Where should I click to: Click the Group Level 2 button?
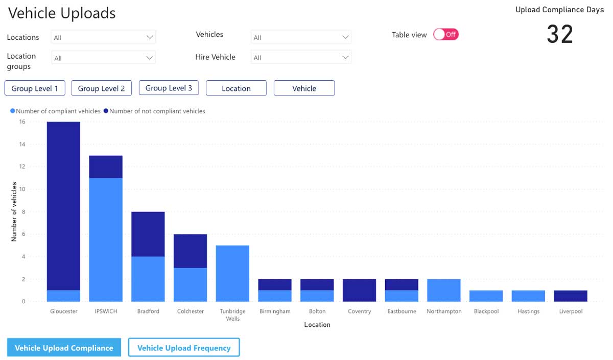(101, 88)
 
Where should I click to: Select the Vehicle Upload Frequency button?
(184, 348)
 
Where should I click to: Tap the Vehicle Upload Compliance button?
(64, 348)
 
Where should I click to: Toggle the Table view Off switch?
(446, 35)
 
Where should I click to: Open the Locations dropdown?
(103, 37)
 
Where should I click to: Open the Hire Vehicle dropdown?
(301, 57)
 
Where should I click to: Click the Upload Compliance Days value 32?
(560, 34)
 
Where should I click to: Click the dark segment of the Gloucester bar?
(63, 206)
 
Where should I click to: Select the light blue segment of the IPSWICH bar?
(106, 239)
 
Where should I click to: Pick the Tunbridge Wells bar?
(232, 273)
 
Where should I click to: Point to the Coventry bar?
(359, 290)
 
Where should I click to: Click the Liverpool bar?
(571, 296)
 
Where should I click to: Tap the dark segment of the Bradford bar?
(148, 234)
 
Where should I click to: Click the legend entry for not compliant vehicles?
(154, 111)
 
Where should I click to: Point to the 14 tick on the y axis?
(22, 144)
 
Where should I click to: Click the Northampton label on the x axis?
(444, 311)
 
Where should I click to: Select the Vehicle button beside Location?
(304, 88)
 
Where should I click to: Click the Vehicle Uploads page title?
(62, 13)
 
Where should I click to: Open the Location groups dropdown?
(103, 57)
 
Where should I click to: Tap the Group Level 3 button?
(169, 88)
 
